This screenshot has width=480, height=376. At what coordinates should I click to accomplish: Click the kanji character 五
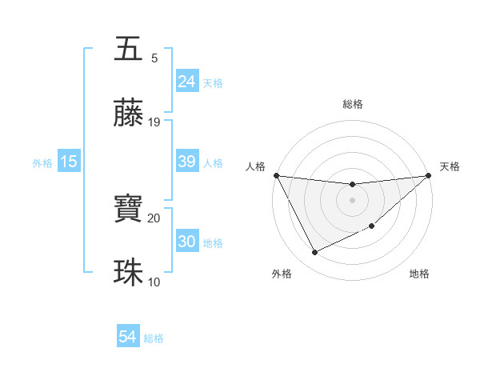pyautogui.click(x=129, y=49)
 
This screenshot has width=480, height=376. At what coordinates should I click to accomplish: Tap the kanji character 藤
pyautogui.click(x=129, y=114)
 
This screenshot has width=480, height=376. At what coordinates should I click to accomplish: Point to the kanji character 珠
pyautogui.click(x=129, y=273)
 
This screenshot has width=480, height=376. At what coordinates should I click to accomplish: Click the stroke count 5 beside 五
pyautogui.click(x=154, y=58)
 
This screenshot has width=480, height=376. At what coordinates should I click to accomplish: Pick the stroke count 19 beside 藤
pyautogui.click(x=154, y=122)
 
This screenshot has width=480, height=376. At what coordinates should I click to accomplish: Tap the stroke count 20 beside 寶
pyautogui.click(x=154, y=218)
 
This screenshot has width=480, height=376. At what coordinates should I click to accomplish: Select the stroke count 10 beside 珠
pyautogui.click(x=154, y=282)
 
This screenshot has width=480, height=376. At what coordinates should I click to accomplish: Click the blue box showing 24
pyautogui.click(x=186, y=81)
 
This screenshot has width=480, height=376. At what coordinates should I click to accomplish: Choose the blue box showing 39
pyautogui.click(x=186, y=162)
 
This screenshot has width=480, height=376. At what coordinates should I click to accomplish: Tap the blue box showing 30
pyautogui.click(x=186, y=242)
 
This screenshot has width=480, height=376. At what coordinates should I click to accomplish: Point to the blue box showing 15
pyautogui.click(x=69, y=162)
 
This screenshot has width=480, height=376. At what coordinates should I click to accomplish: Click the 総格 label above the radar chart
pyautogui.click(x=353, y=104)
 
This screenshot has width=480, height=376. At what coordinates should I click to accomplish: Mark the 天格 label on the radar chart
pyautogui.click(x=450, y=166)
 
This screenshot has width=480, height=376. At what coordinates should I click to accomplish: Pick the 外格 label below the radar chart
pyautogui.click(x=281, y=274)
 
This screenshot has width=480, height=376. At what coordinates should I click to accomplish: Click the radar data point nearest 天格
pyautogui.click(x=429, y=175)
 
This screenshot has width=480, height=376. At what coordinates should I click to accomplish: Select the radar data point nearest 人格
pyautogui.click(x=276, y=175)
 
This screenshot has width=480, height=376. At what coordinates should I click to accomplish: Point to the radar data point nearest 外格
pyautogui.click(x=314, y=253)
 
